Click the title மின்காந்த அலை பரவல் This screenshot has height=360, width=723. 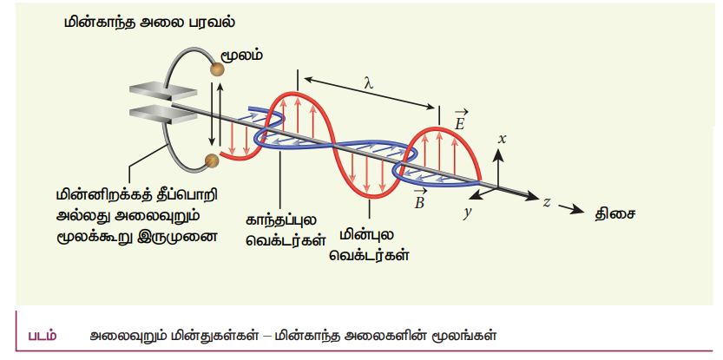pyautogui.click(x=150, y=23)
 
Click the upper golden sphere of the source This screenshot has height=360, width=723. pyautogui.click(x=217, y=69)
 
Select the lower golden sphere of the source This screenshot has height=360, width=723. pyautogui.click(x=212, y=160)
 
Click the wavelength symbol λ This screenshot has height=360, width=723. pyautogui.click(x=367, y=83)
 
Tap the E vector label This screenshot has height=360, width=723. pyautogui.click(x=460, y=120)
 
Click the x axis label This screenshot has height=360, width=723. pyautogui.click(x=503, y=138)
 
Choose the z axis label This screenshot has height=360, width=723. pyautogui.click(x=546, y=201)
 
